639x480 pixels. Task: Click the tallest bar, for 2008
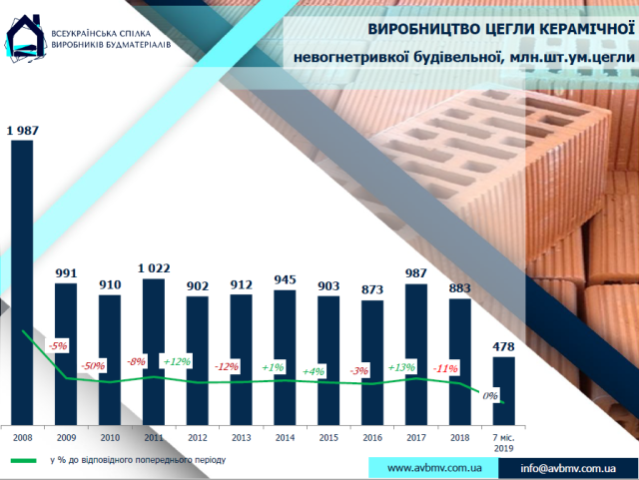click(21, 279)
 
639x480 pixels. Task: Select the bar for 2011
click(154, 349)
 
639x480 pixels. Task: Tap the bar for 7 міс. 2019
click(504, 389)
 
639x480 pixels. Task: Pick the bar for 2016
click(372, 359)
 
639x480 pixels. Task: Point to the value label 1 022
click(154, 267)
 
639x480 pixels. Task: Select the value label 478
click(505, 346)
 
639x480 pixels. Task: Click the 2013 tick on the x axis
click(241, 437)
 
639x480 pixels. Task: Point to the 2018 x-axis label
click(460, 437)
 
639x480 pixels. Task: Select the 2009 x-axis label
click(66, 437)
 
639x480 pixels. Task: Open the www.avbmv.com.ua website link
click(434, 467)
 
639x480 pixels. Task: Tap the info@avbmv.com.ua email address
click(566, 467)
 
